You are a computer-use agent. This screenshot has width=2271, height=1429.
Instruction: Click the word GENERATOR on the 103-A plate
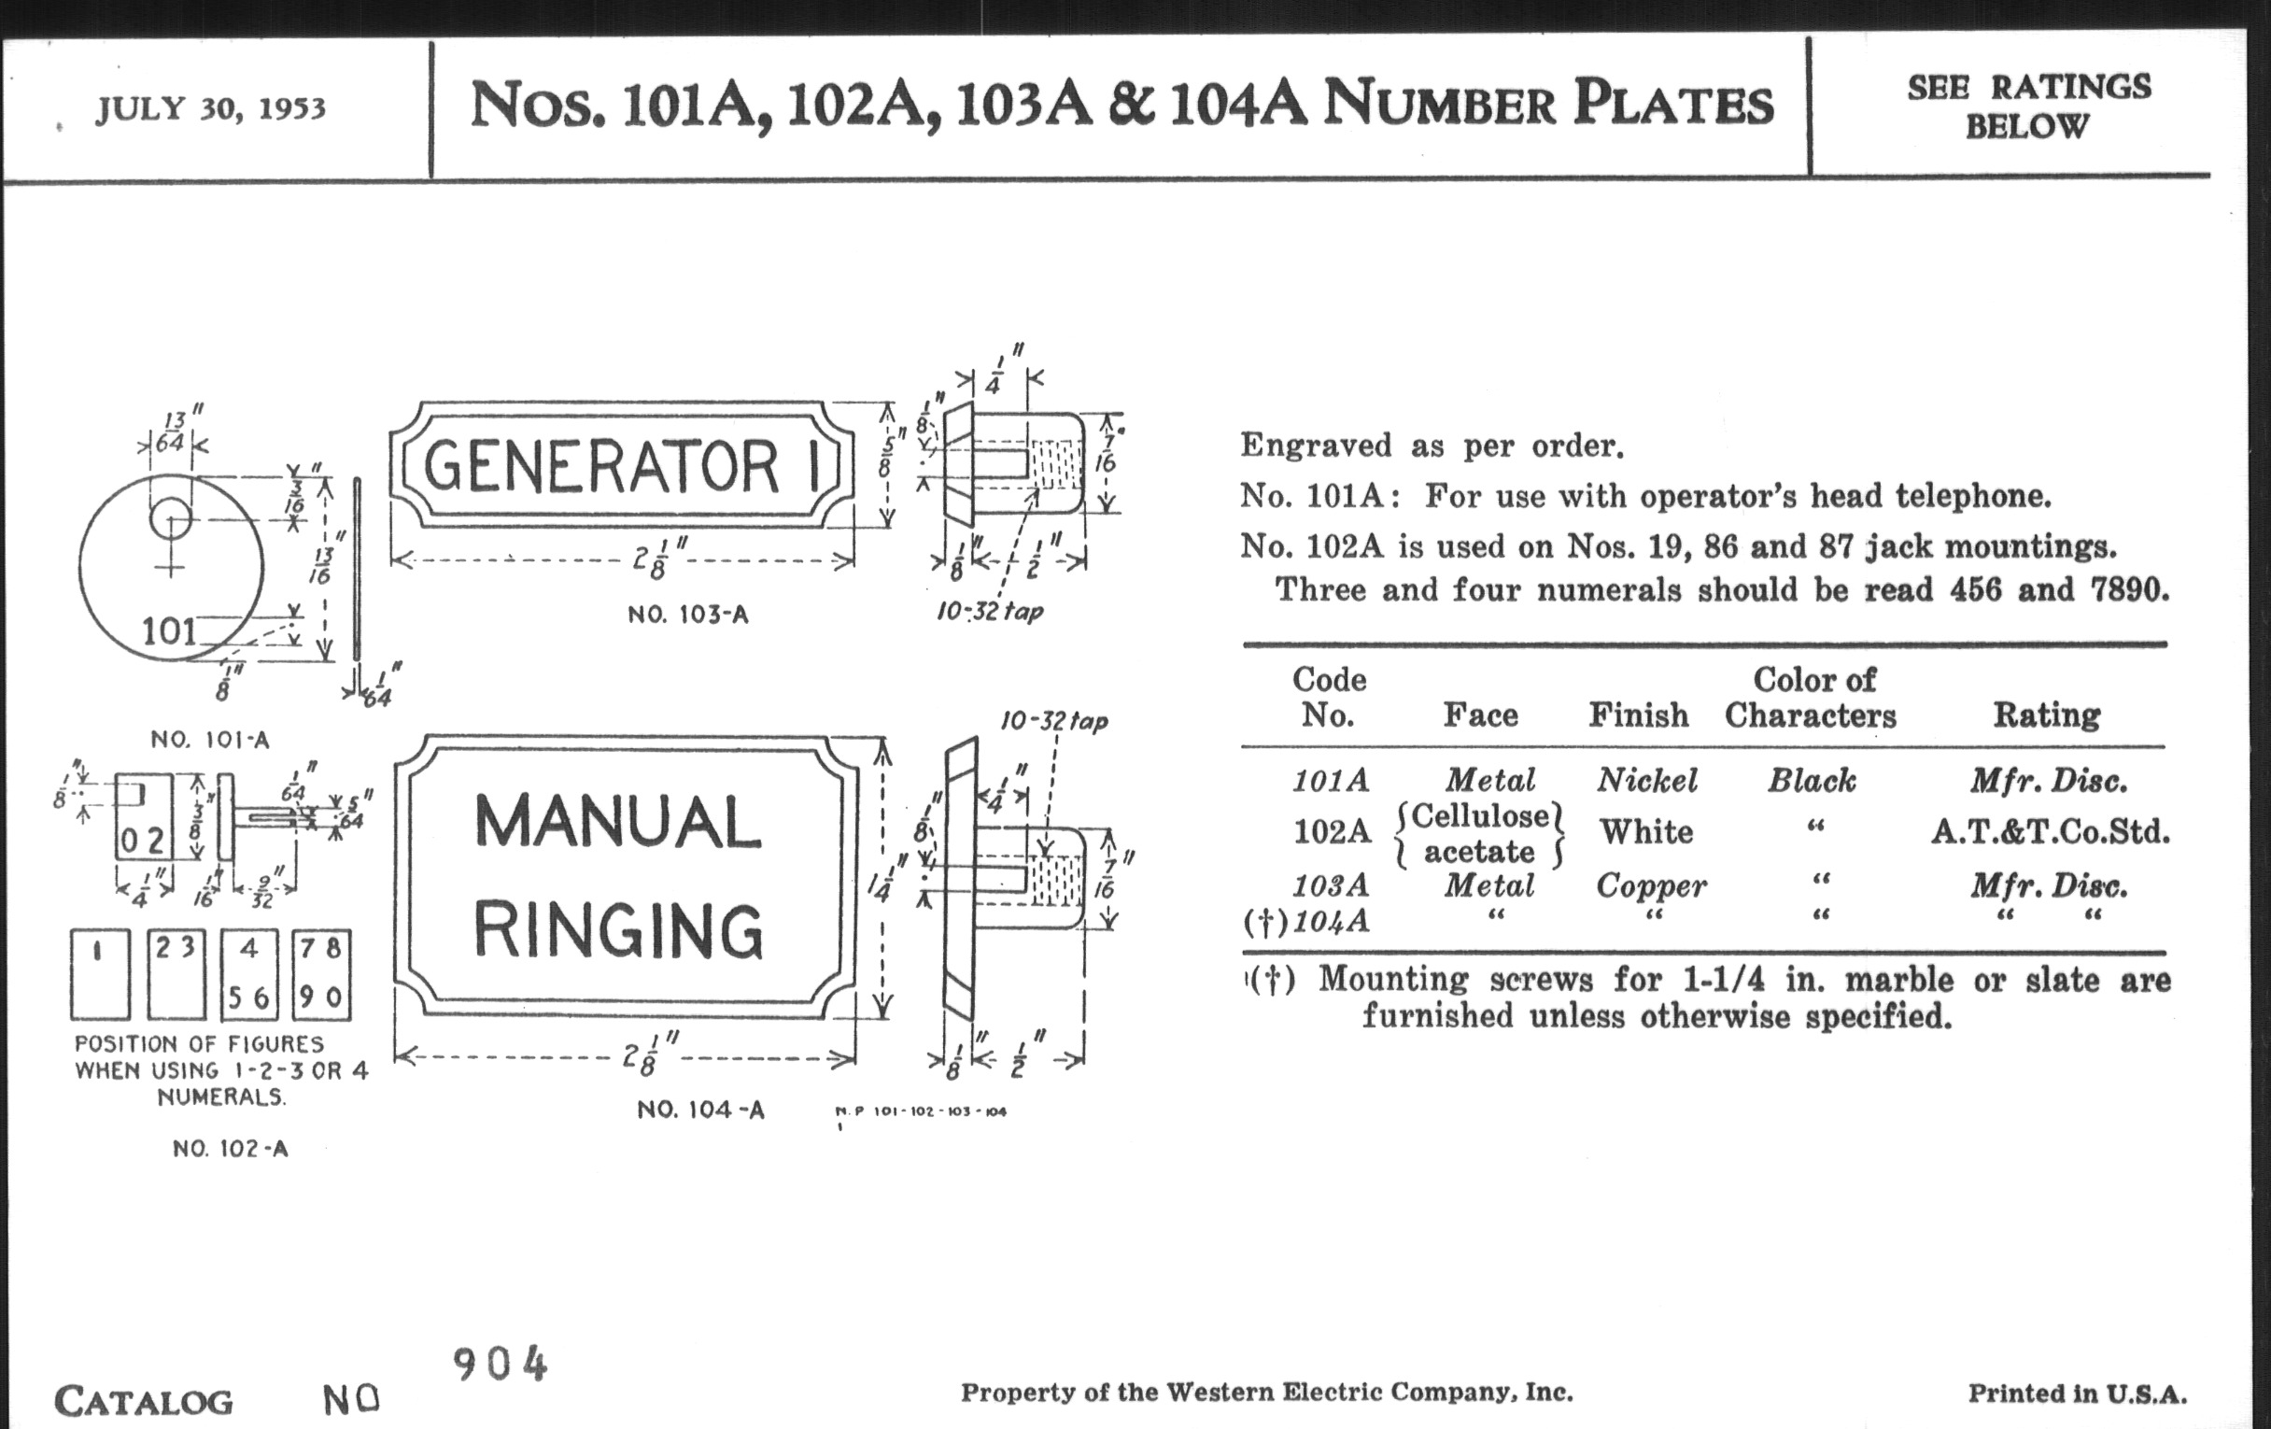click(x=601, y=466)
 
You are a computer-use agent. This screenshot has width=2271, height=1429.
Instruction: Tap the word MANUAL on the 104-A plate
click(x=618, y=823)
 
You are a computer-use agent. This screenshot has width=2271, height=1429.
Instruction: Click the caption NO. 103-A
click(x=687, y=615)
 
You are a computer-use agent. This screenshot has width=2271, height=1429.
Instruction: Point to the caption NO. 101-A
click(x=209, y=740)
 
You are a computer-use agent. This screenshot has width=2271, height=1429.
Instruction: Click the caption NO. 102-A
click(x=230, y=1149)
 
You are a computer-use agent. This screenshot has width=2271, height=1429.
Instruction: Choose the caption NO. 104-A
click(x=699, y=1111)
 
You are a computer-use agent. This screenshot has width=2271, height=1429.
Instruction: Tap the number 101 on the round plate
click(x=169, y=630)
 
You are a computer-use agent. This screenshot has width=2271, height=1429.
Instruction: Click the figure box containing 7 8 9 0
click(x=320, y=974)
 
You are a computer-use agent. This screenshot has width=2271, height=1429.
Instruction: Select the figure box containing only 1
click(x=100, y=974)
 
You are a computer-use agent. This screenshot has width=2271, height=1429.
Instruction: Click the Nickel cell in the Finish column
click(x=1646, y=780)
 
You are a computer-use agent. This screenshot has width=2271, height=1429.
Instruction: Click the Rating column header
click(x=2047, y=715)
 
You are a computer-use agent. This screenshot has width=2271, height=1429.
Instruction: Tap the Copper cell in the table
click(x=1650, y=885)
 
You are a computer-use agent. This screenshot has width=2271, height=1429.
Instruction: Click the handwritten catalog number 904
click(x=500, y=1365)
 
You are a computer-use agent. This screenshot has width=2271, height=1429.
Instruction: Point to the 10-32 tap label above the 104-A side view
click(x=1053, y=722)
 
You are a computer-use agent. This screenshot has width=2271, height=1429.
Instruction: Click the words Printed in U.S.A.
click(x=2077, y=1394)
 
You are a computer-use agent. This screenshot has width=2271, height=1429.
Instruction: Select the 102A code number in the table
click(x=1331, y=832)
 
